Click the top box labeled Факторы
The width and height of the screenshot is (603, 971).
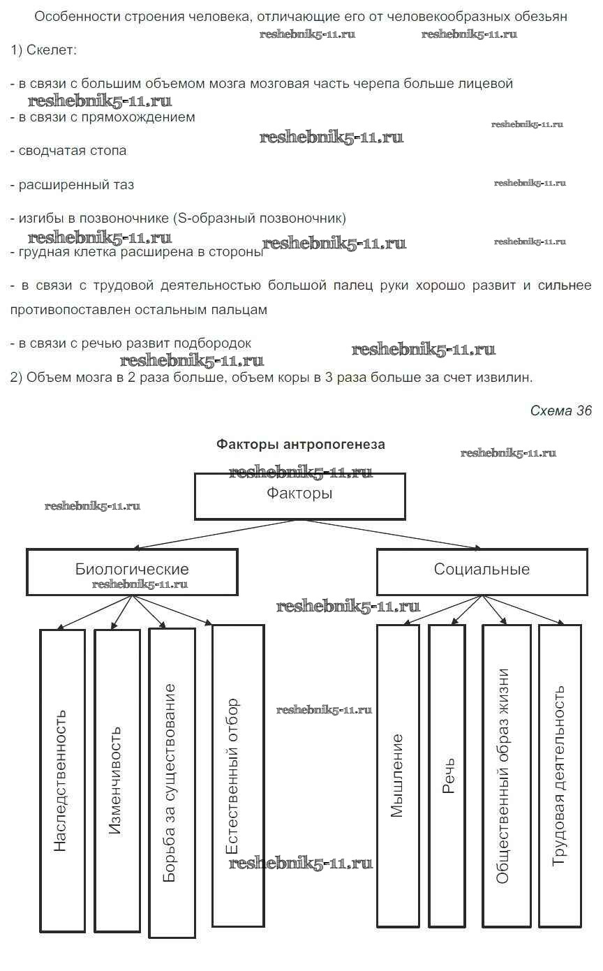tap(299, 496)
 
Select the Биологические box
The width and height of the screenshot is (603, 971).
tap(132, 571)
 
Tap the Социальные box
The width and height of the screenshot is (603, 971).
tap(482, 571)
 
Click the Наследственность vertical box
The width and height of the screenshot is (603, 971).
tap(62, 780)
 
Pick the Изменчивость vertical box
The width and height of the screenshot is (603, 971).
tap(117, 780)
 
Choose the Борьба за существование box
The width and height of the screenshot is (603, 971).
tap(171, 783)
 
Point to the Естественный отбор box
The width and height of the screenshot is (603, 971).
tap(237, 775)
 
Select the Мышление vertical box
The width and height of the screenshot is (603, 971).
tap(398, 775)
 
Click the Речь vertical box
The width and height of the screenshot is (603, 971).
tap(447, 775)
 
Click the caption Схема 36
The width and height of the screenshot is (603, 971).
tap(560, 410)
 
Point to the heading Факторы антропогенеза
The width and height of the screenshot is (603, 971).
tap(300, 444)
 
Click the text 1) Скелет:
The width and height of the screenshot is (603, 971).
tap(45, 50)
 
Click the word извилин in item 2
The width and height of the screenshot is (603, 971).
tap(508, 378)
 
